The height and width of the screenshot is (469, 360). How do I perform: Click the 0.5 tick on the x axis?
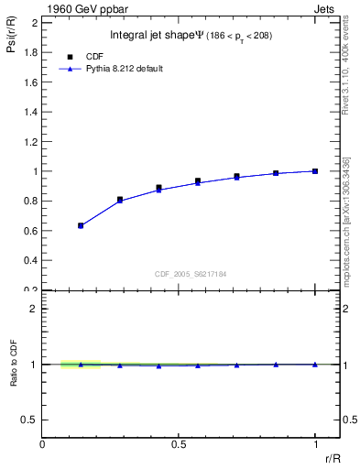[x=179, y=444]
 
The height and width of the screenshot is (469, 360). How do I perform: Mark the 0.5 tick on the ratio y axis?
[x=30, y=420]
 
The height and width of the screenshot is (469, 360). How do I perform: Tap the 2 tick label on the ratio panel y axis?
[x=34, y=309]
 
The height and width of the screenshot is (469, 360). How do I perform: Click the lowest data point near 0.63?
[x=81, y=225]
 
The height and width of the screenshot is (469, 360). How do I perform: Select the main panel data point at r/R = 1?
[x=315, y=170]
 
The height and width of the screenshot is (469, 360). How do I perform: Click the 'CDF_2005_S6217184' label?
[x=190, y=274]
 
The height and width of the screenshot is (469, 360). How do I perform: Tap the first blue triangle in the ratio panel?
[x=81, y=365]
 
